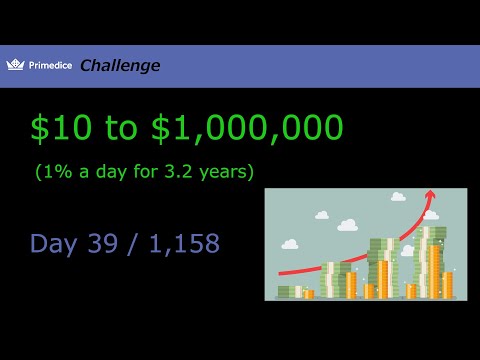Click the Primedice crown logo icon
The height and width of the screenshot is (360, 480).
click(14, 65)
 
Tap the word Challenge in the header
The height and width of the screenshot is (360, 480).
click(119, 66)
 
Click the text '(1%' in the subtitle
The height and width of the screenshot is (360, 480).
click(52, 171)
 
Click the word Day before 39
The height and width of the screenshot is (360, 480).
click(55, 243)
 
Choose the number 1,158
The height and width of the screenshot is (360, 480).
click(181, 243)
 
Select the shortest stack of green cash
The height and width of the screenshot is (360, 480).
click(286, 292)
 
